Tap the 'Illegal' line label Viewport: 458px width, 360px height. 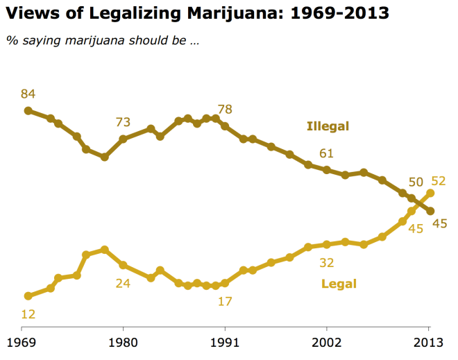click(x=328, y=126)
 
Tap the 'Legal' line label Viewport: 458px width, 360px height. click(x=339, y=284)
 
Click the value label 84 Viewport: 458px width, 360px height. click(x=28, y=94)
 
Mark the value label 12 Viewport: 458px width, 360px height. click(x=28, y=314)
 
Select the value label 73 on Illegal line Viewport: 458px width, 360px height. click(x=123, y=122)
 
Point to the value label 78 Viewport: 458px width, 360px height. click(x=224, y=109)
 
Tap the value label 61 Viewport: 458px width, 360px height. click(x=327, y=153)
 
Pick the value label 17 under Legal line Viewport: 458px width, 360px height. click(x=224, y=301)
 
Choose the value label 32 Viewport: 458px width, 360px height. click(x=327, y=262)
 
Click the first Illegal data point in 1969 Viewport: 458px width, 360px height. click(x=28, y=110)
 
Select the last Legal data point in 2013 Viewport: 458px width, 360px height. click(x=430, y=193)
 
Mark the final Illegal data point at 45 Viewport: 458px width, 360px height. click(x=430, y=211)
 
